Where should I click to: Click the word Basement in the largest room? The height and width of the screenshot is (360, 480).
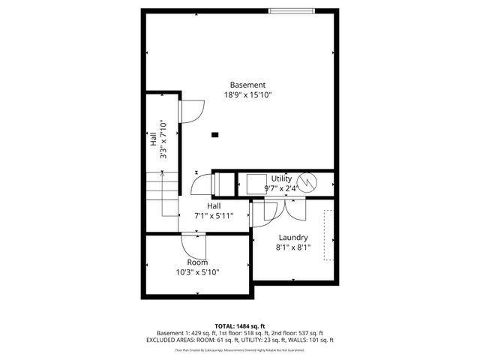pos(247,85)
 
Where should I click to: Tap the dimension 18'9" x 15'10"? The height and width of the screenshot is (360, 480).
pos(247,95)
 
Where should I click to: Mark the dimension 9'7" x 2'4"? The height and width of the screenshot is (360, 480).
pos(281,188)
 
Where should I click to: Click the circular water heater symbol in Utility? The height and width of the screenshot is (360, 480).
pos(307,181)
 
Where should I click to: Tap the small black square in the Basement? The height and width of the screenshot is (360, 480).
pos(215,135)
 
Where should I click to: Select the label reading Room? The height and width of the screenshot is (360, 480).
pos(197,262)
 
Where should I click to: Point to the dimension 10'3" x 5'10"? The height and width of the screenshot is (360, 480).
pos(197,272)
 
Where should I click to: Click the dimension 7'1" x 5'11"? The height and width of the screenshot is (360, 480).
pos(214,216)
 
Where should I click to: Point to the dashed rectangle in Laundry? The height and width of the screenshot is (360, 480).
pos(328,235)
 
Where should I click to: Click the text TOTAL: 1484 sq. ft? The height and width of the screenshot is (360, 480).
pos(240,326)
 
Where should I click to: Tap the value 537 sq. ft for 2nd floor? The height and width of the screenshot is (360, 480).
pos(309,333)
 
